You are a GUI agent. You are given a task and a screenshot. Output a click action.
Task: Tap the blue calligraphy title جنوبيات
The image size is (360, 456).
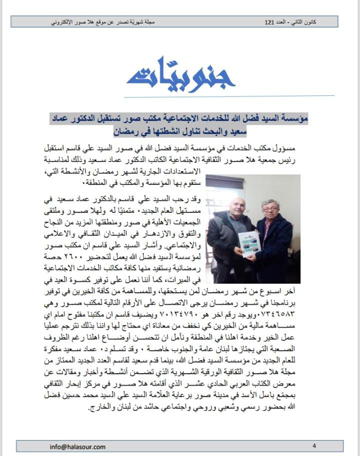pos(181,73)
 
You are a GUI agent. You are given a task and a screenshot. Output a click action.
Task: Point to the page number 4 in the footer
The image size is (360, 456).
pos(314,446)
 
